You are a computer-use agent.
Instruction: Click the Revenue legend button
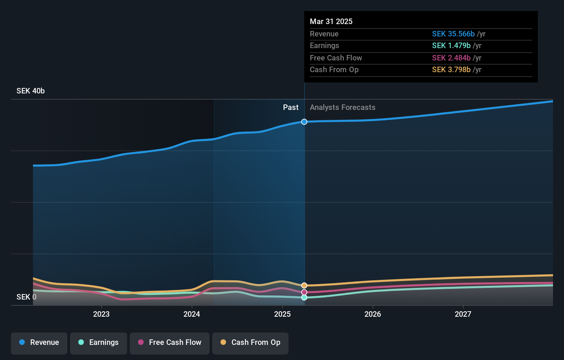pyautogui.click(x=39, y=342)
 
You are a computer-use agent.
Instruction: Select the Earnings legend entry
pyautogui.click(x=99, y=342)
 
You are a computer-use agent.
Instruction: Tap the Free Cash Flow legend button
pyautogui.click(x=170, y=342)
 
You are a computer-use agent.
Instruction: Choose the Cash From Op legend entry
pyautogui.click(x=250, y=342)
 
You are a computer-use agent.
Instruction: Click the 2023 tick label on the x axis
pyautogui.click(x=101, y=314)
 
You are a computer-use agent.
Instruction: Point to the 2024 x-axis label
pyautogui.click(x=192, y=314)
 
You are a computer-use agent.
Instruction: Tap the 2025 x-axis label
pyautogui.click(x=282, y=314)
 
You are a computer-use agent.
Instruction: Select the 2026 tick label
pyautogui.click(x=373, y=314)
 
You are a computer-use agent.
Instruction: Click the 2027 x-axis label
pyautogui.click(x=463, y=314)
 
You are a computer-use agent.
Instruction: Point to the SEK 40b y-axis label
pyautogui.click(x=31, y=91)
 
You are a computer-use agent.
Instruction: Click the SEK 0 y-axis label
pyautogui.click(x=26, y=297)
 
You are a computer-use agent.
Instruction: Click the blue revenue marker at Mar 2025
pyautogui.click(x=304, y=122)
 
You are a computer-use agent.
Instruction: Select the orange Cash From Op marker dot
pyautogui.click(x=304, y=285)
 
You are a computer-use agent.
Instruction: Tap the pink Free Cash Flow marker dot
pyautogui.click(x=304, y=292)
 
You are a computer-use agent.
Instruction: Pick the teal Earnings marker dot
pyautogui.click(x=304, y=297)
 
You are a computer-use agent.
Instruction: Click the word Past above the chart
pyautogui.click(x=291, y=108)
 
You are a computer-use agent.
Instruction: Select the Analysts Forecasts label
pyautogui.click(x=342, y=108)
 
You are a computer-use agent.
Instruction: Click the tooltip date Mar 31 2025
pyautogui.click(x=331, y=21)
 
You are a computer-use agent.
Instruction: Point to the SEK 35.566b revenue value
pyautogui.click(x=453, y=34)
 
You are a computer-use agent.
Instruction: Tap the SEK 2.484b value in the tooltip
pyautogui.click(x=451, y=58)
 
